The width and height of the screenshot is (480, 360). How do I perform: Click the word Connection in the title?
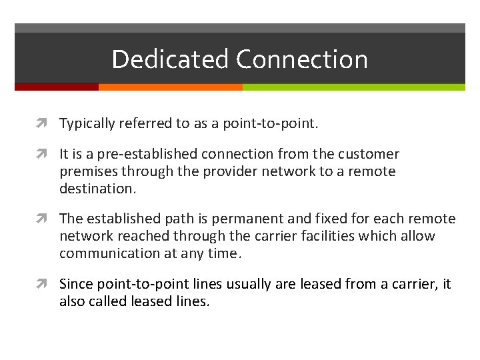[301, 59]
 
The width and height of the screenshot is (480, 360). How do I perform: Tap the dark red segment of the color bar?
[57, 87]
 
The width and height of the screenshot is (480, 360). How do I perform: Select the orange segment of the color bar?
[170, 87]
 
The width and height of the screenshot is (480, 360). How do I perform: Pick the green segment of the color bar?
[353, 87]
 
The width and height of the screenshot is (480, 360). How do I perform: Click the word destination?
[96, 189]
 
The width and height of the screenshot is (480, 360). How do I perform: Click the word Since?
[76, 284]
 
